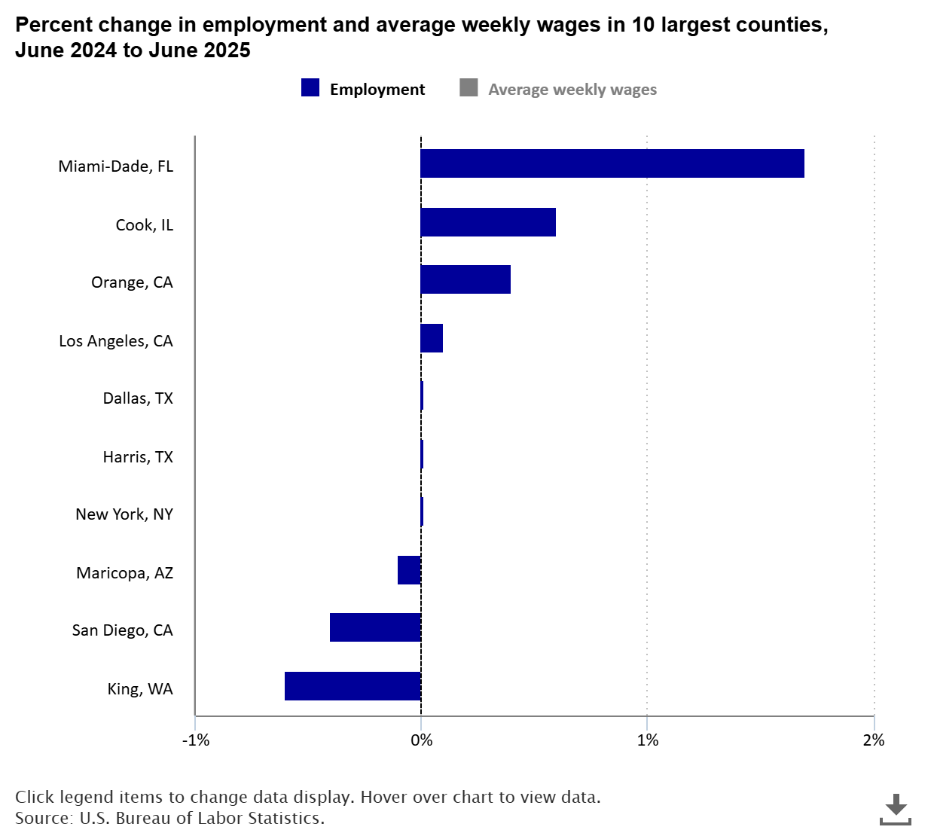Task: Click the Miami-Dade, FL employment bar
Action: point(612,163)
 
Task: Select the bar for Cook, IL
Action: point(488,222)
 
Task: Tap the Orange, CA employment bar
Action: point(465,279)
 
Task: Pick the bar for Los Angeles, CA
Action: point(432,338)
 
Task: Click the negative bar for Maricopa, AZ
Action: point(409,570)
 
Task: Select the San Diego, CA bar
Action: point(375,627)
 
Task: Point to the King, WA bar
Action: point(353,686)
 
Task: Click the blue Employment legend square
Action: point(310,88)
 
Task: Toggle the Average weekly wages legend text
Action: point(572,90)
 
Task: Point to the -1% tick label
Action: point(196,740)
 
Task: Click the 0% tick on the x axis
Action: point(421,740)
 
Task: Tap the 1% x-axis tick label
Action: point(647,740)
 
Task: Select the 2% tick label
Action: point(873,740)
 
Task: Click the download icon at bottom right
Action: point(895,809)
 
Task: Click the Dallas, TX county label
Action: point(138,398)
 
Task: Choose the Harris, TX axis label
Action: point(138,456)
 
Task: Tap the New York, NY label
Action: point(124,514)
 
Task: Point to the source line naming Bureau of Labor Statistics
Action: point(169,818)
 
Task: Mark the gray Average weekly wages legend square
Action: point(469,88)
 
